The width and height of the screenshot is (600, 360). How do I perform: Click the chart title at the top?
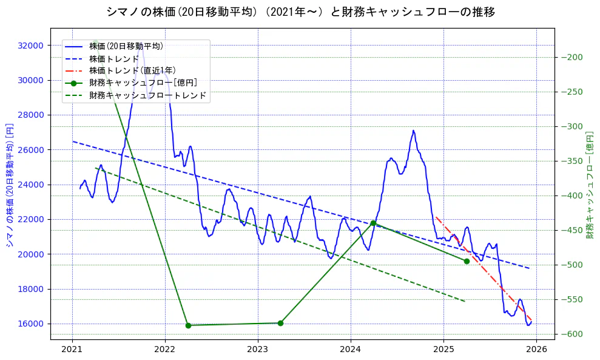(x=300, y=12)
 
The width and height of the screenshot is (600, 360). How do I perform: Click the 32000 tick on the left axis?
(x=31, y=46)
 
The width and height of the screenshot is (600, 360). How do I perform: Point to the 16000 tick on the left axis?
(x=31, y=324)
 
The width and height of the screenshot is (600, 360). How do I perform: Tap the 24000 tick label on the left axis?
(x=31, y=185)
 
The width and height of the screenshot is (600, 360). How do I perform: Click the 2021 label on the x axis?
(x=72, y=350)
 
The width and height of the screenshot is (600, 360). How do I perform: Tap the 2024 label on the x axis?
(x=351, y=350)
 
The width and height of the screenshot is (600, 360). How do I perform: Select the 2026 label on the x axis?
(x=537, y=350)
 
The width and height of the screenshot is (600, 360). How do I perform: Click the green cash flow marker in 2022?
(x=188, y=325)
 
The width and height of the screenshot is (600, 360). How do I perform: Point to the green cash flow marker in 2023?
(x=280, y=323)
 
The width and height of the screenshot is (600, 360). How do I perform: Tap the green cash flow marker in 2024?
(x=373, y=223)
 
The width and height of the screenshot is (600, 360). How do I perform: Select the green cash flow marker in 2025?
(x=467, y=261)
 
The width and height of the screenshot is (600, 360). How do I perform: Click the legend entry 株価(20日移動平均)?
(x=126, y=46)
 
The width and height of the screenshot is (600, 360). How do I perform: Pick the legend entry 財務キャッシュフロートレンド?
(x=147, y=95)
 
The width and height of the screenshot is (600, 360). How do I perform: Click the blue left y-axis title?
(x=10, y=185)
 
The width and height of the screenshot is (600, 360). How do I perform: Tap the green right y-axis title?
(x=590, y=185)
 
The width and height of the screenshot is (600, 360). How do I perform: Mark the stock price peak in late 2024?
(x=413, y=131)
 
